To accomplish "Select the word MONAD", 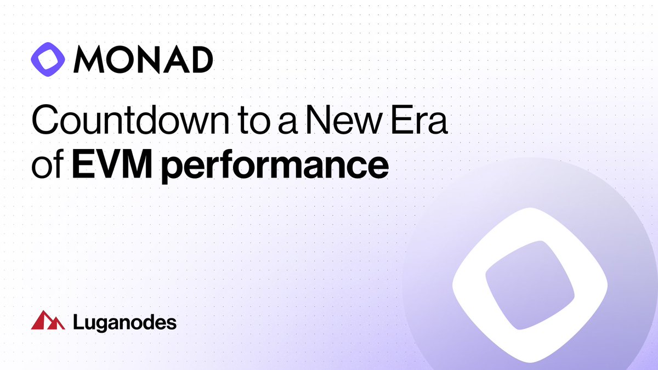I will pyautogui.click(x=143, y=60).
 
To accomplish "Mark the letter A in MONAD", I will pyautogui.click(x=172, y=60).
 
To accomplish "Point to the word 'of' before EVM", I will pyautogui.click(x=46, y=163).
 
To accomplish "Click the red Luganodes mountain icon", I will pyautogui.click(x=48, y=321).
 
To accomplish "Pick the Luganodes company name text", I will pyautogui.click(x=124, y=322).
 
